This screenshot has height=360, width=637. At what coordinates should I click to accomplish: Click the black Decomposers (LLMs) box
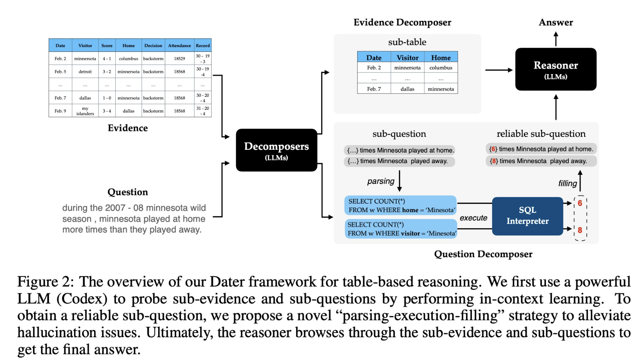[277, 150]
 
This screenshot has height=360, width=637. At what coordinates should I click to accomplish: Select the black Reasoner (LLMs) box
[555, 69]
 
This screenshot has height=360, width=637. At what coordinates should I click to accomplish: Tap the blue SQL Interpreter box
[527, 216]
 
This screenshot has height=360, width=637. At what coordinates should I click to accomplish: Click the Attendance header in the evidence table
[179, 45]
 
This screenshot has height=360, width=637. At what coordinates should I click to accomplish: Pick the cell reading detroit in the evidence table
[85, 72]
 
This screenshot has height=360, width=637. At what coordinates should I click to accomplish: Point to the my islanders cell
[85, 111]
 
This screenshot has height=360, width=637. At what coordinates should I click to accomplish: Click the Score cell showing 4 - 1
[107, 59]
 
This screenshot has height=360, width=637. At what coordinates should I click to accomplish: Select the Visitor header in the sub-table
[407, 58]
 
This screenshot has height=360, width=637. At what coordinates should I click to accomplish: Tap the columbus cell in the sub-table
[441, 68]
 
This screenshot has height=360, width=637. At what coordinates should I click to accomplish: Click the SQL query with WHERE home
[401, 206]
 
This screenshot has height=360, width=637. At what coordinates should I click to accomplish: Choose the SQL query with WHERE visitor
[401, 229]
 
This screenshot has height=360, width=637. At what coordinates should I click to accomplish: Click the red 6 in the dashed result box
[580, 203]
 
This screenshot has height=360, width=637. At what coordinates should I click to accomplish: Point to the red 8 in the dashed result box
[580, 230]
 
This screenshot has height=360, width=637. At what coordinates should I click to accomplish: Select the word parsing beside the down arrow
[380, 181]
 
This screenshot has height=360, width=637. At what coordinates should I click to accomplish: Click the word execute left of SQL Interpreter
[473, 218]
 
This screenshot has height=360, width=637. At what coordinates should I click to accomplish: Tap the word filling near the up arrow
[567, 184]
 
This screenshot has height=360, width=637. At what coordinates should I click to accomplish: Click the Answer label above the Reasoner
[555, 22]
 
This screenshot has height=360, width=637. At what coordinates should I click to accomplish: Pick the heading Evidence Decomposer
[402, 22]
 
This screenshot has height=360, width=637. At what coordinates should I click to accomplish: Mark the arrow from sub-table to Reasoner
[499, 70]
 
